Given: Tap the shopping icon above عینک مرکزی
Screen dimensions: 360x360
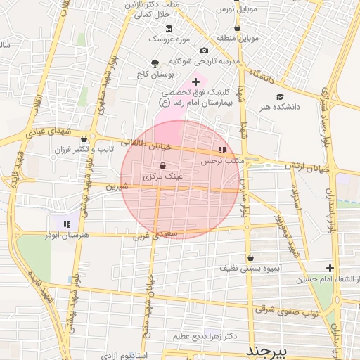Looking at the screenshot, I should pos(163,165).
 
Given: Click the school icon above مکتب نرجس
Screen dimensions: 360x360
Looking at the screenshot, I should pos(223,150).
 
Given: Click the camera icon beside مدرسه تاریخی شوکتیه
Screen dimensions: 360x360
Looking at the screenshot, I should pos(204,50).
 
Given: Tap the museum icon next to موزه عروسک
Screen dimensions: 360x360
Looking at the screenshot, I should pos(169,27).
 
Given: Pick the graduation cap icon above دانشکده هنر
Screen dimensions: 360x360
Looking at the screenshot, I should pos(281,96).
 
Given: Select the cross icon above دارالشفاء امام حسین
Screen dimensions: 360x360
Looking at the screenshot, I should pos(330,268).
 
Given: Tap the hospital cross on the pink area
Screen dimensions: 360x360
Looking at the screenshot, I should pos(195,82).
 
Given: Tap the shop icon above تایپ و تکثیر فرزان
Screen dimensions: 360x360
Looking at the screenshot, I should pos(85,138).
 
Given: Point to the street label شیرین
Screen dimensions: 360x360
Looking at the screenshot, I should pos(117,187).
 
